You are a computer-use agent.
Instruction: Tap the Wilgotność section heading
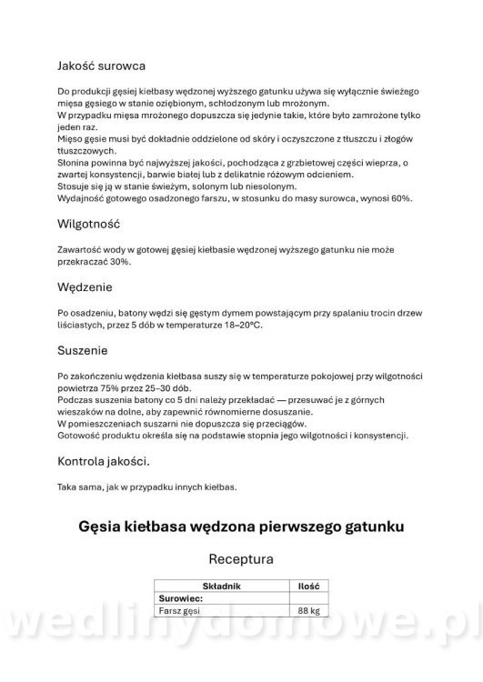tap(89, 224)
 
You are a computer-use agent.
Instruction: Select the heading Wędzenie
tap(86, 286)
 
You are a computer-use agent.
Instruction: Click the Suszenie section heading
tap(82, 349)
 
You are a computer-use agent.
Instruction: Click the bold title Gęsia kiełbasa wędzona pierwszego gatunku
tap(241, 526)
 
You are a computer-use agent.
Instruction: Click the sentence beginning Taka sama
tap(146, 487)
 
